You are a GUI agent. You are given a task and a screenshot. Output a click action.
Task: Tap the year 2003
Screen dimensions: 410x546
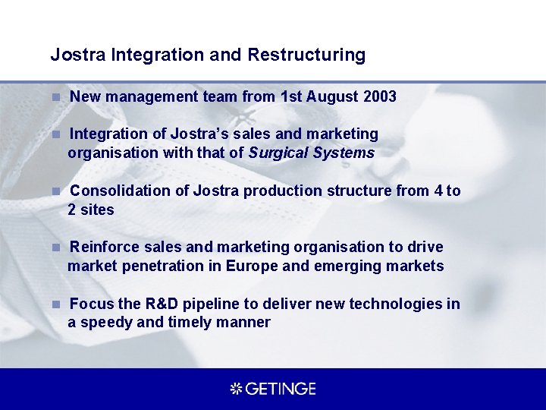pos(380,96)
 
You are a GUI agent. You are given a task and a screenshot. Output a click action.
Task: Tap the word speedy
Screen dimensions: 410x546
pos(106,322)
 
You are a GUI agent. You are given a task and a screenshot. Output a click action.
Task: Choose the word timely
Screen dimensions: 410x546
pos(191,322)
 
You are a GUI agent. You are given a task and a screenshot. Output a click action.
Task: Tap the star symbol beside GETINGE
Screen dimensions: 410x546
pos(236,389)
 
